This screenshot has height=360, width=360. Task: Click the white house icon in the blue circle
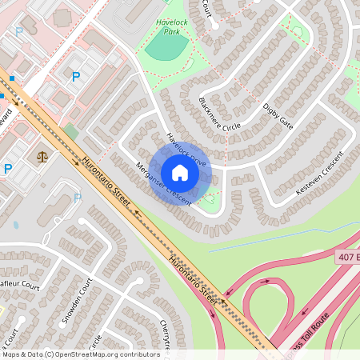(180, 173)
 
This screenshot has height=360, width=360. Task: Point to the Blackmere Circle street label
(219, 116)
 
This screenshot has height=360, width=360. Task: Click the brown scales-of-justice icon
(42, 156)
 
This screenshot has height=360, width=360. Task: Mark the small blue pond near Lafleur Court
(16, 225)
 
